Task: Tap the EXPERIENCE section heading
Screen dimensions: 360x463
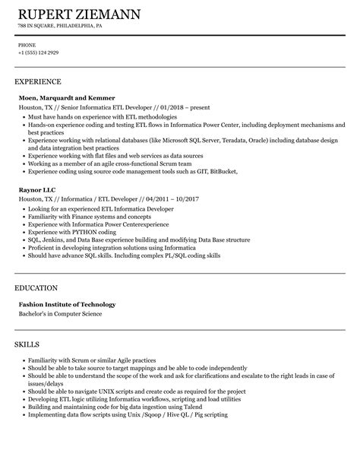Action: (x=38, y=81)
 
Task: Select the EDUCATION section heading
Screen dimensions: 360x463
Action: (x=36, y=288)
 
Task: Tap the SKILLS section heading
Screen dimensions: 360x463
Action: (x=29, y=344)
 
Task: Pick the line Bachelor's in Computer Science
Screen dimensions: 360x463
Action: (x=60, y=314)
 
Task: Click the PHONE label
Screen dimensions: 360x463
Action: (x=27, y=44)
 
